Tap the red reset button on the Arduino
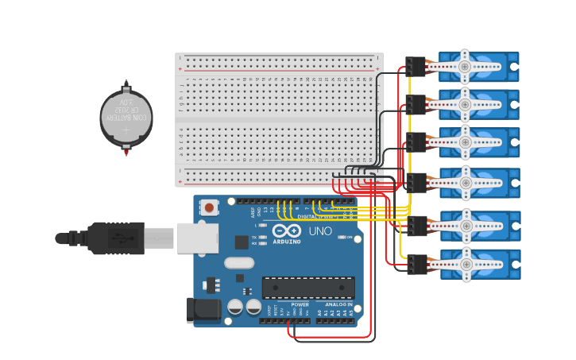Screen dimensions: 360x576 209,208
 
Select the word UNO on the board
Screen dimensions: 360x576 320,231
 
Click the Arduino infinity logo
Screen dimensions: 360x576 287,230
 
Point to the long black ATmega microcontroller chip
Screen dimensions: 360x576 308,288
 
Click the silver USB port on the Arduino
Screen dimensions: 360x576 197,238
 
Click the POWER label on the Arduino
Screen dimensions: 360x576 300,304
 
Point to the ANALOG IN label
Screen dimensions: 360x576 338,304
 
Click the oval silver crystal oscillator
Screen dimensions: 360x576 239,263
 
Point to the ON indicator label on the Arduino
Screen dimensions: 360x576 350,237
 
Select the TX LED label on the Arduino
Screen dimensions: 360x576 254,237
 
